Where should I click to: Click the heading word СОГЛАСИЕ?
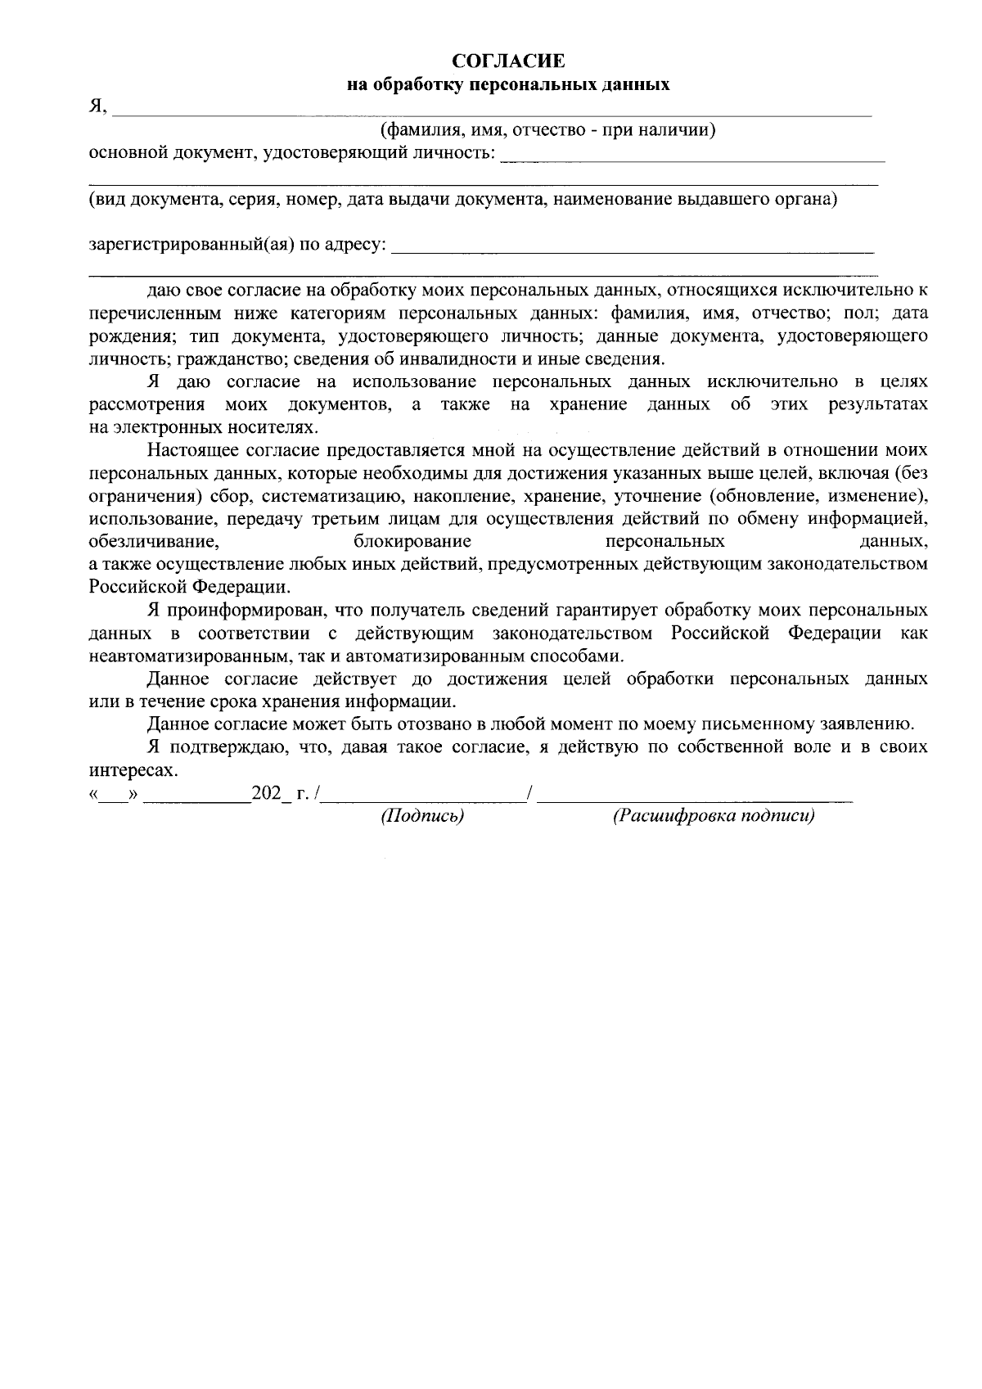click(x=508, y=61)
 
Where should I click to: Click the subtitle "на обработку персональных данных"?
click(x=508, y=84)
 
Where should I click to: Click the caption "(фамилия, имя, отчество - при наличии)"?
click(x=548, y=130)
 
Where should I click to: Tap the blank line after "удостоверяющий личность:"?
click(x=691, y=157)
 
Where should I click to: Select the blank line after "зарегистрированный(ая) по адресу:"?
click(x=633, y=249)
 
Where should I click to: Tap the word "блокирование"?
click(x=412, y=541)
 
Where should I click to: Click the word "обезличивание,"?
click(x=153, y=541)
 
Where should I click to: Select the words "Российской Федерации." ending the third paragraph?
click(x=189, y=587)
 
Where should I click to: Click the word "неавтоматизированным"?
click(x=187, y=656)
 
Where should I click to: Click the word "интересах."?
click(x=132, y=770)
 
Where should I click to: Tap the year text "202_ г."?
click(x=279, y=793)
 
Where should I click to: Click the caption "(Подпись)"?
click(x=422, y=816)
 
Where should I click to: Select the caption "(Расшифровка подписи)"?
click(x=714, y=816)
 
